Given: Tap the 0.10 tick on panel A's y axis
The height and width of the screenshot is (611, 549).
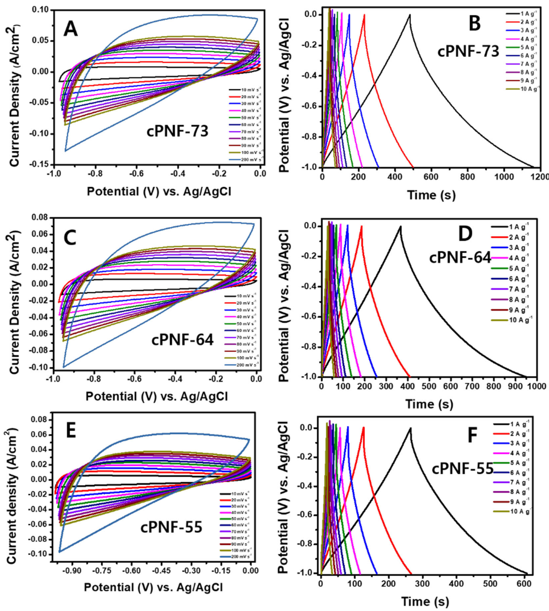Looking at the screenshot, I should point(41,10).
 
